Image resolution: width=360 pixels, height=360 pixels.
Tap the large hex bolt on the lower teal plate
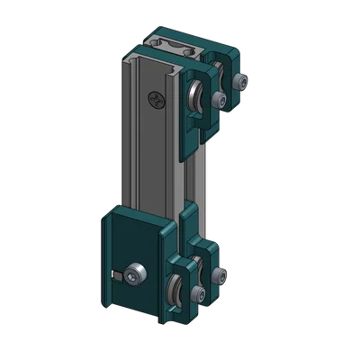pos(135,274)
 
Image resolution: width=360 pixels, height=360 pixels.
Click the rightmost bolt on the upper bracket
pos(238,83)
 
